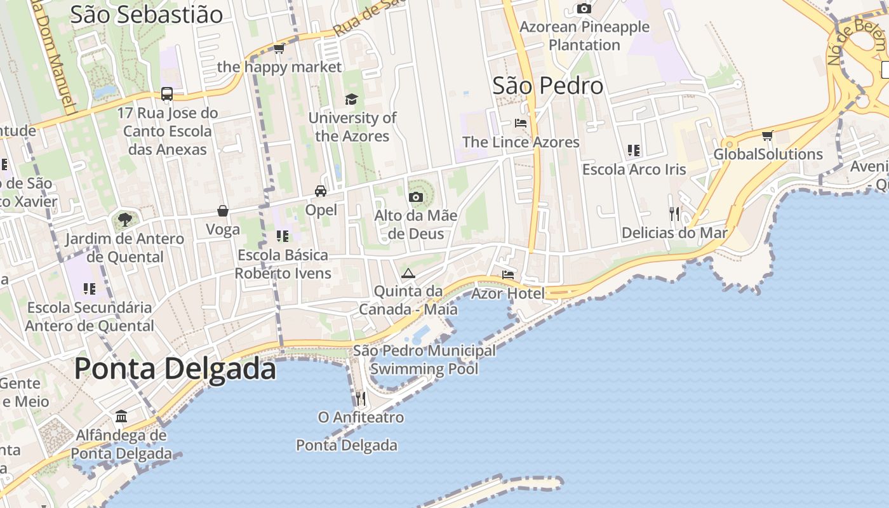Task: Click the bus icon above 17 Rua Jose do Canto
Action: coord(167,94)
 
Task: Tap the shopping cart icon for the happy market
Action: coord(279,48)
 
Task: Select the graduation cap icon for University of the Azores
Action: coord(351,99)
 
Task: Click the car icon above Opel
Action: coord(321,190)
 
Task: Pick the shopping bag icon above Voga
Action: coord(223,211)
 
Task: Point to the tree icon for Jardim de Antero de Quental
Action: coord(124,220)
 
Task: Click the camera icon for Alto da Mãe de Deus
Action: coord(416,197)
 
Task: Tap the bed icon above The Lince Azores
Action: coord(521,123)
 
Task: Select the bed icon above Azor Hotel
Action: coord(508,275)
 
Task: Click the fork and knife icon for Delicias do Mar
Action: coord(674,214)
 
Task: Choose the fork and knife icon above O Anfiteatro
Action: coord(360,398)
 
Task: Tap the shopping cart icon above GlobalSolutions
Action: coord(768,135)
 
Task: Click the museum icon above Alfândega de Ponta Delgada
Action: coord(121,417)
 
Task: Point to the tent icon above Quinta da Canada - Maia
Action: coord(408,273)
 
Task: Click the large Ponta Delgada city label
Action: coord(175,369)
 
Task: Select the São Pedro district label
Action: coord(547,86)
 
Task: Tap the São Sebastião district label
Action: coord(146,14)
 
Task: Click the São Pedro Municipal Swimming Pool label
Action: coord(424,359)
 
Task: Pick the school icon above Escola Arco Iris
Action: coord(633,150)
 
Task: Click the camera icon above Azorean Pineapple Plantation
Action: coord(584,8)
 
